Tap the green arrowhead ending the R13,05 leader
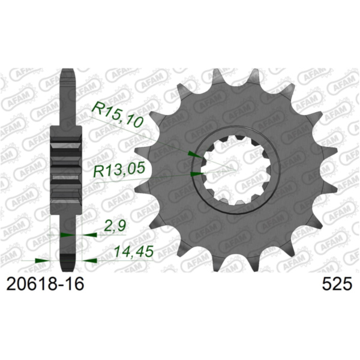click(x=195, y=174)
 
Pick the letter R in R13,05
click(x=98, y=172)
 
